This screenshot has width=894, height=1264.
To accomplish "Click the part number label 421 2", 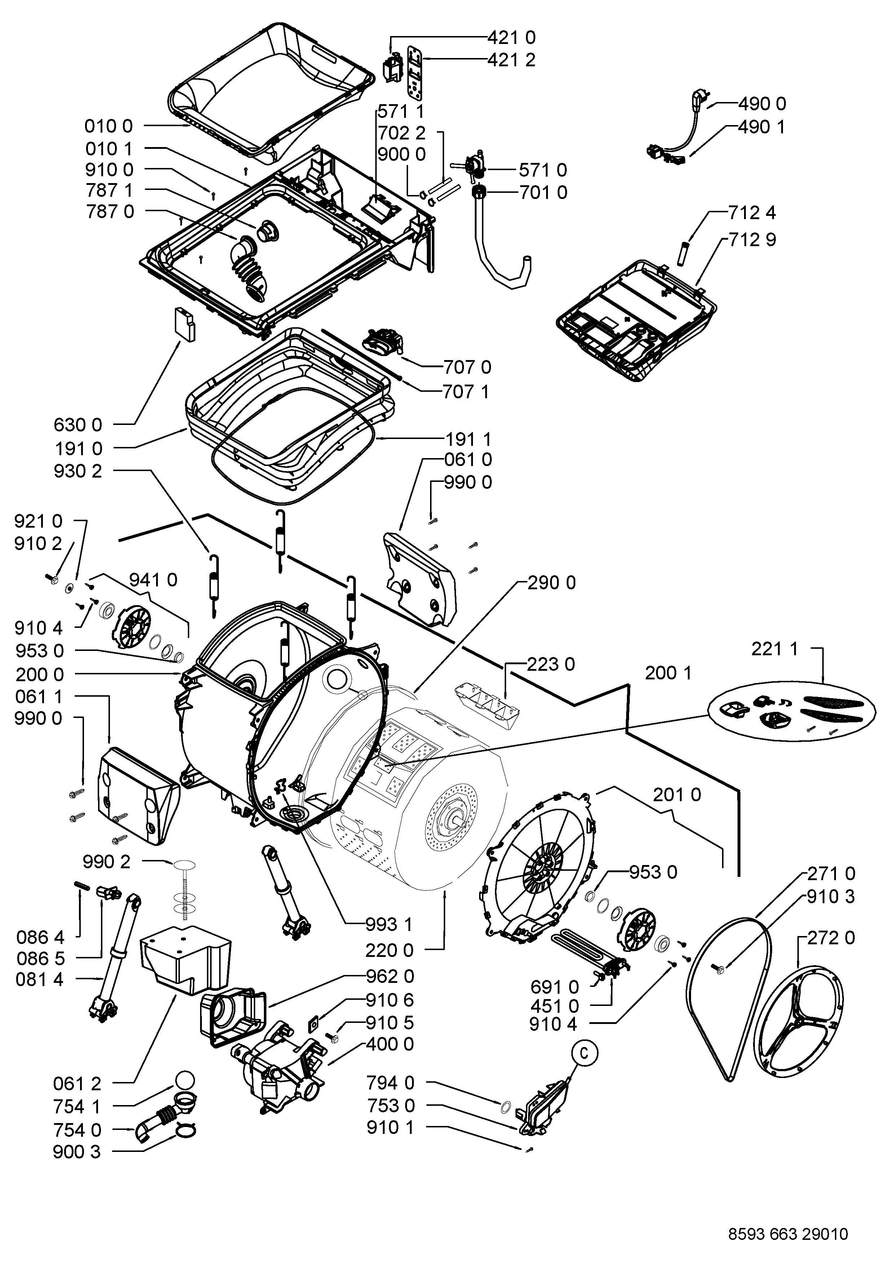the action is pyautogui.click(x=512, y=59).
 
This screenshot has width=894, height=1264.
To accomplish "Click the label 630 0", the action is pyautogui.click(x=78, y=425).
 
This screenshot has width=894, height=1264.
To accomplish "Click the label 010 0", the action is pyautogui.click(x=109, y=126).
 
